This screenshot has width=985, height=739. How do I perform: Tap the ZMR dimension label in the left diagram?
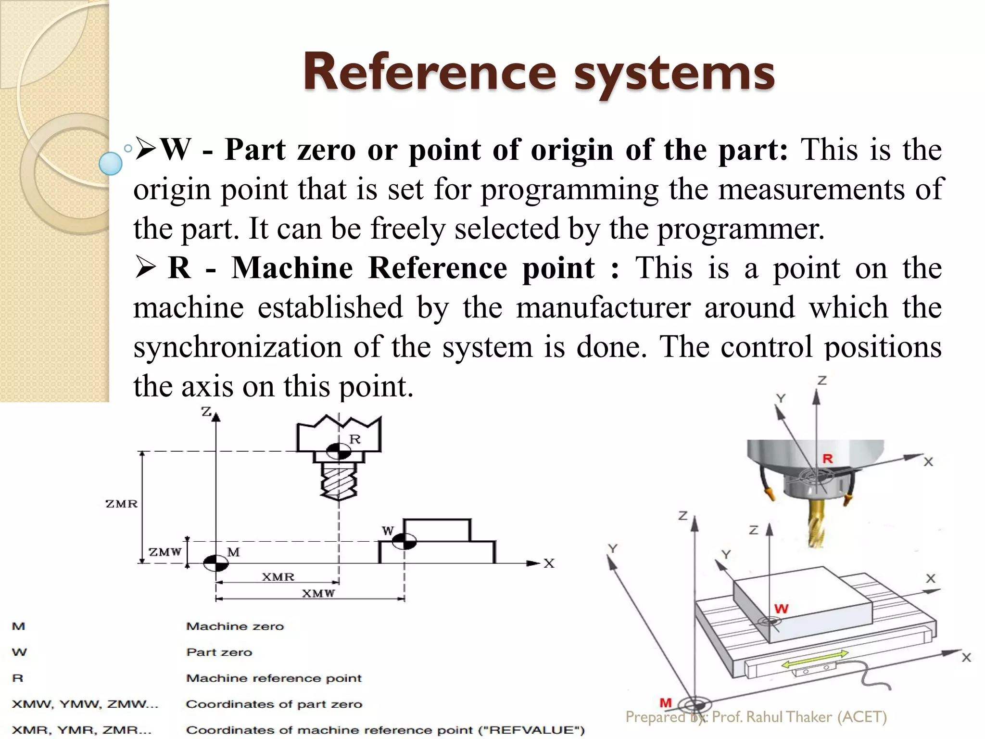[x=121, y=504]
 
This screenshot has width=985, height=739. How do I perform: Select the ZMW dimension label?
[x=165, y=552]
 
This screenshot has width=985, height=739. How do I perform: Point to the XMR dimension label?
[x=278, y=576]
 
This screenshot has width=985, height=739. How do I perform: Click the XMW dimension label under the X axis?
[x=318, y=593]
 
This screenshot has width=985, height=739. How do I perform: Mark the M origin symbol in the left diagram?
[x=215, y=562]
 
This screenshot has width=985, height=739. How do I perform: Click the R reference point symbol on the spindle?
[x=339, y=451]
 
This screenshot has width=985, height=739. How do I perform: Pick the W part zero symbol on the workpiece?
[x=404, y=541]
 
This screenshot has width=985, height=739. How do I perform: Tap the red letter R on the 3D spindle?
[x=827, y=459]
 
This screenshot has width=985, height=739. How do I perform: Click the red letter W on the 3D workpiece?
[x=782, y=609]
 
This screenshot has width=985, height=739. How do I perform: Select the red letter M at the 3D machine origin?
[x=666, y=703]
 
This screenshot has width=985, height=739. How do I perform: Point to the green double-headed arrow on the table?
[x=815, y=659]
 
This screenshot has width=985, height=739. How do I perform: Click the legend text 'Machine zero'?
[x=235, y=626]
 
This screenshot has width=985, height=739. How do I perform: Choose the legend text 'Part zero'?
[x=219, y=652]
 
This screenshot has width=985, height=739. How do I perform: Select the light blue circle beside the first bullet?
[x=111, y=163]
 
